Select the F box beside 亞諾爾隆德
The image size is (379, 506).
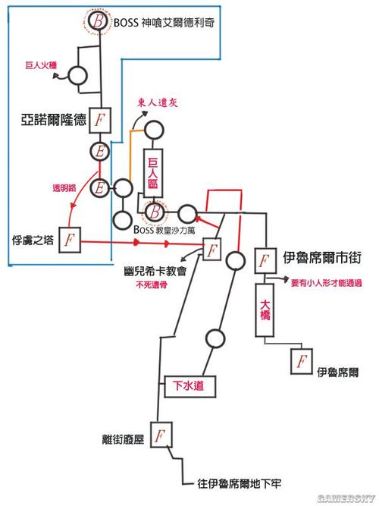point(100,119)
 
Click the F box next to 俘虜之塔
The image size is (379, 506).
point(70,239)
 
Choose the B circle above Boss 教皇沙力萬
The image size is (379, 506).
point(154,212)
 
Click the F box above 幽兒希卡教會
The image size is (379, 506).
point(211,250)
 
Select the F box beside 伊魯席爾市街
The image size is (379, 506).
point(263,260)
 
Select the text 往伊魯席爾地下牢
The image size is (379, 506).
point(241,482)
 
